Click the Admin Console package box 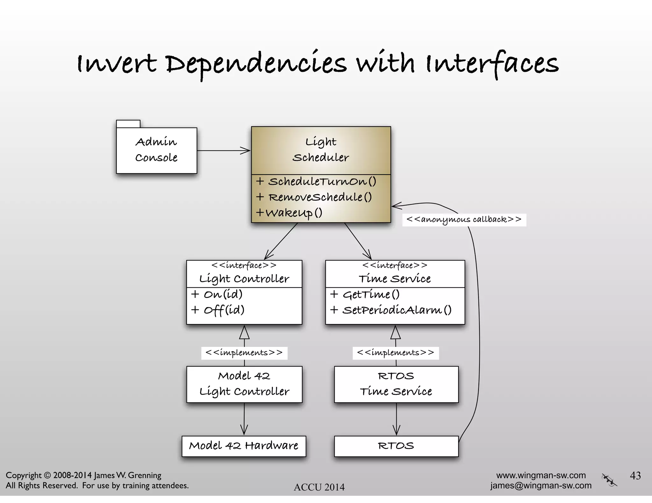pyautogui.click(x=156, y=150)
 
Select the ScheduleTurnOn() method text pyautogui.click(x=322, y=182)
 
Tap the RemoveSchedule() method pyautogui.click(x=320, y=197)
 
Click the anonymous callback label pyautogui.click(x=464, y=220)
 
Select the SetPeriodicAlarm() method pyautogui.click(x=396, y=310)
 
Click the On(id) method pyautogui.click(x=223, y=294)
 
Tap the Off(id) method pyautogui.click(x=224, y=310)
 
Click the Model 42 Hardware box pyautogui.click(x=244, y=446)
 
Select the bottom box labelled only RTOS pyautogui.click(x=396, y=446)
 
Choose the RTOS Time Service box pyautogui.click(x=396, y=384)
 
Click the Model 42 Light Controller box pyautogui.click(x=244, y=384)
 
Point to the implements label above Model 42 pyautogui.click(x=244, y=353)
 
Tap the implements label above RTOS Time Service pyautogui.click(x=395, y=353)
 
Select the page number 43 pyautogui.click(x=635, y=476)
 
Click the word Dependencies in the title pyautogui.click(x=256, y=64)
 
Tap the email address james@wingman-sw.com pyautogui.click(x=541, y=486)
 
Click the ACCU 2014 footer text pyautogui.click(x=319, y=487)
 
